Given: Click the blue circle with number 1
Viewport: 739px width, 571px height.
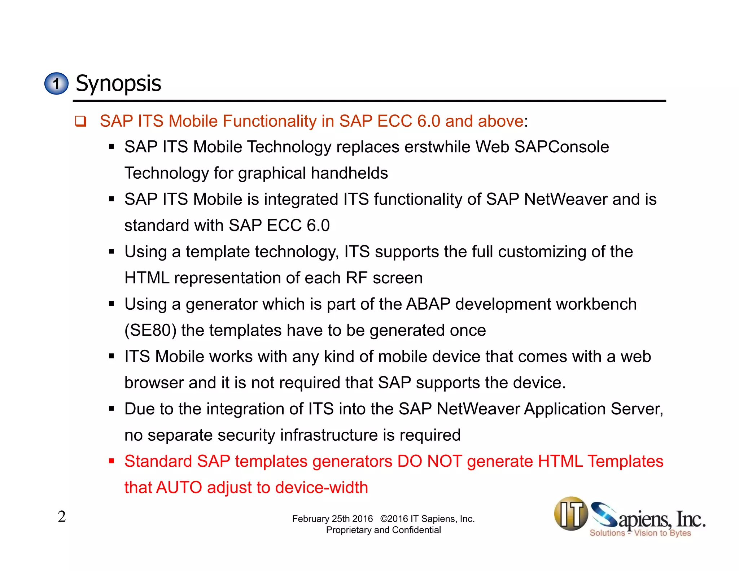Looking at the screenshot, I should [x=56, y=84].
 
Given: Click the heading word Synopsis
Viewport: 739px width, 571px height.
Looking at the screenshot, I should [x=118, y=84].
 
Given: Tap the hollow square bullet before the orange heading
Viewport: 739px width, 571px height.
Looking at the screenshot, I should [x=80, y=121].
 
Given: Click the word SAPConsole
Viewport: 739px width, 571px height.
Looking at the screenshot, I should [x=561, y=147].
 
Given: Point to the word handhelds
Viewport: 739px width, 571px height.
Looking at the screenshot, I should [x=349, y=173].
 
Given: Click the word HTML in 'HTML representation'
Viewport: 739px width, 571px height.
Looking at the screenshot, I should [x=147, y=278].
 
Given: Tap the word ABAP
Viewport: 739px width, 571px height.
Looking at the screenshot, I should [x=428, y=304].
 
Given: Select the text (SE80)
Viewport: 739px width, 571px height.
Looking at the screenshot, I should [x=150, y=331].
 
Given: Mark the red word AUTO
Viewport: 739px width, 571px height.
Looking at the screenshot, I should [x=179, y=488].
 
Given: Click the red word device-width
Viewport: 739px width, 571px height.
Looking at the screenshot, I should [x=322, y=488].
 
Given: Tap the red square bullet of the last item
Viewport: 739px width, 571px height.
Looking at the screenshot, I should [x=111, y=461].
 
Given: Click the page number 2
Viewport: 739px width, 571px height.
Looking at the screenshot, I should [x=62, y=516].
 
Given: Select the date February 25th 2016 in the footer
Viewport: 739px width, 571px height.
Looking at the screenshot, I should [x=332, y=519].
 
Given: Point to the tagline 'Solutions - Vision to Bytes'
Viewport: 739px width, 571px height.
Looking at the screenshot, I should [x=640, y=533].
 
